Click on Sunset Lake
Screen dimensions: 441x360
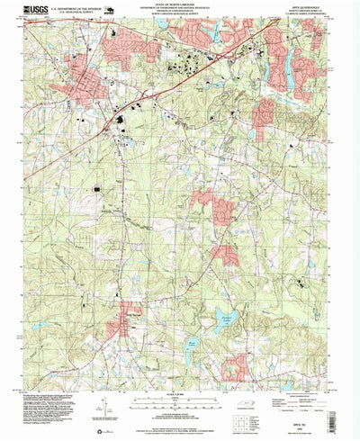tap(220, 315)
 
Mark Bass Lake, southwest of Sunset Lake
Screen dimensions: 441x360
tap(196, 344)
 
